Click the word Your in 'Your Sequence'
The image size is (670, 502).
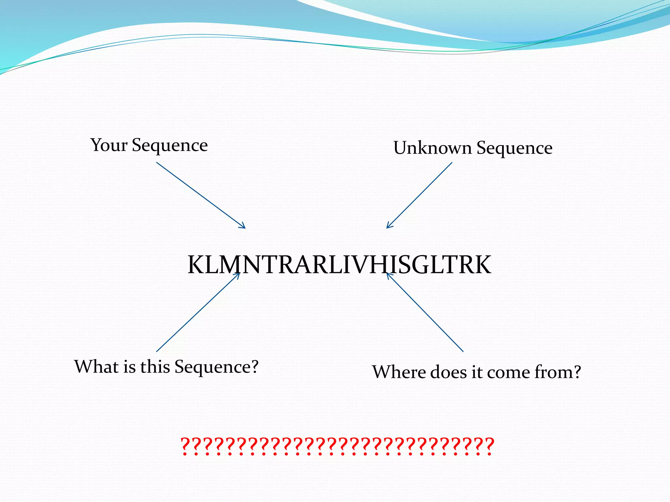[x=109, y=145]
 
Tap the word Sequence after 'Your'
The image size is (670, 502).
[x=169, y=146]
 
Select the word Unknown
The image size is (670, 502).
[x=432, y=148]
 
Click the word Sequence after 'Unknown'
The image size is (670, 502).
[x=514, y=148]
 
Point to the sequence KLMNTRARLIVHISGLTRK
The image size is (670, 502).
[x=339, y=265]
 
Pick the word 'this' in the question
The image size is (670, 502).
[x=155, y=367]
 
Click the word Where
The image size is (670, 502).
[x=398, y=372]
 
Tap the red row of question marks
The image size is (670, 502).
[x=337, y=446]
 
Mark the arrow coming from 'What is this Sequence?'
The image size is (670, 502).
[x=198, y=312]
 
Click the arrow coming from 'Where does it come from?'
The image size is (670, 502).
[x=425, y=312]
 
